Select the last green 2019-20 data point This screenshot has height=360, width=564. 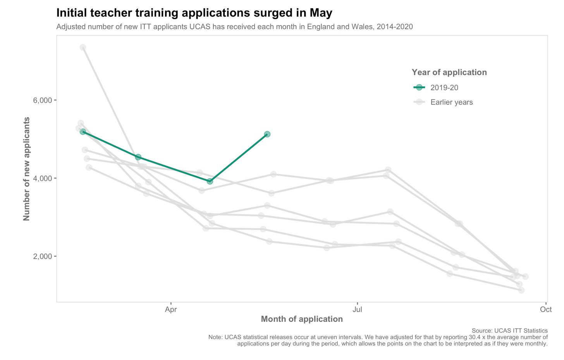click(267, 134)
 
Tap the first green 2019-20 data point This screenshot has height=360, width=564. click(83, 132)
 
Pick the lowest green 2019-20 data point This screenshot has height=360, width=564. click(210, 181)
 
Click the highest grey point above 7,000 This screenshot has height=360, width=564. click(83, 47)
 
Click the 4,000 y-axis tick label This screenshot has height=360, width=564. click(42, 178)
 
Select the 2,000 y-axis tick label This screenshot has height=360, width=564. click(42, 256)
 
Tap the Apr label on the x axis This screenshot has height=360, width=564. click(171, 309)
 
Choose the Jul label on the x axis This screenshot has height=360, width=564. click(357, 309)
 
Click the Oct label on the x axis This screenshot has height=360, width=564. click(546, 309)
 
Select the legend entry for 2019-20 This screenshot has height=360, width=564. click(444, 88)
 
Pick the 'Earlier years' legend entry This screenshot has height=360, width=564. click(451, 103)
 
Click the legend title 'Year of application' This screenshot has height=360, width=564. click(449, 72)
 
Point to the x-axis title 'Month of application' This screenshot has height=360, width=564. click(302, 319)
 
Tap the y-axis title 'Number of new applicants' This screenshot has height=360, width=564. click(27, 169)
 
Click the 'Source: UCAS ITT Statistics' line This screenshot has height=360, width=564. click(509, 331)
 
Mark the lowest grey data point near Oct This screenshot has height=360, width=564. click(521, 290)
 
